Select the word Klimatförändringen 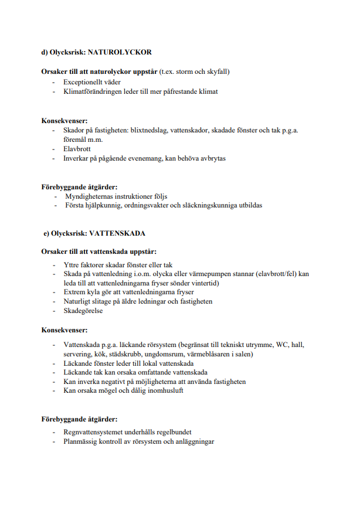pyautogui.click(x=94, y=92)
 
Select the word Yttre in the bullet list pyautogui.click(x=71, y=264)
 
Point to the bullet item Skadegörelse pyautogui.click(x=83, y=311)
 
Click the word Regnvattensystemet pyautogui.click(x=94, y=431)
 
